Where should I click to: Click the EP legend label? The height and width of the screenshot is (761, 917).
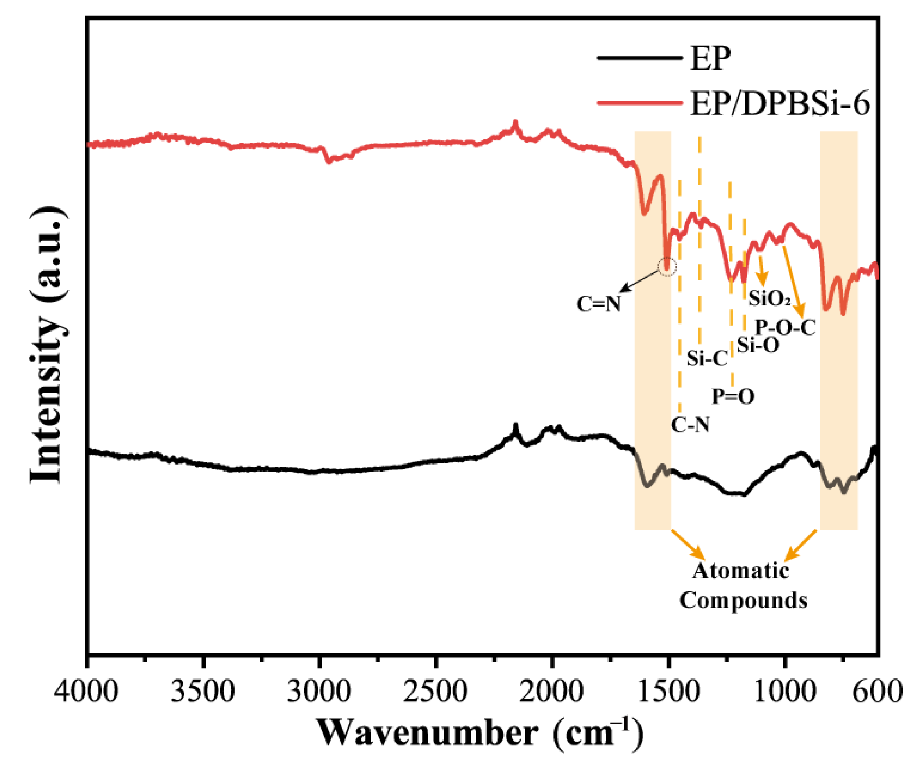[x=711, y=59]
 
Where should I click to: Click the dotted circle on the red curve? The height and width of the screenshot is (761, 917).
[x=667, y=266]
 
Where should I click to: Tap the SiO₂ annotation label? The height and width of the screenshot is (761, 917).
[x=769, y=299]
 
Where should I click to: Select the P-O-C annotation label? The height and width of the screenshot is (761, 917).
[x=785, y=327]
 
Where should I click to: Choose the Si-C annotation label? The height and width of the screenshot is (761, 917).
[x=707, y=359]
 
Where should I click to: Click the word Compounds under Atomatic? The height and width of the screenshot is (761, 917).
[x=743, y=600]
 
